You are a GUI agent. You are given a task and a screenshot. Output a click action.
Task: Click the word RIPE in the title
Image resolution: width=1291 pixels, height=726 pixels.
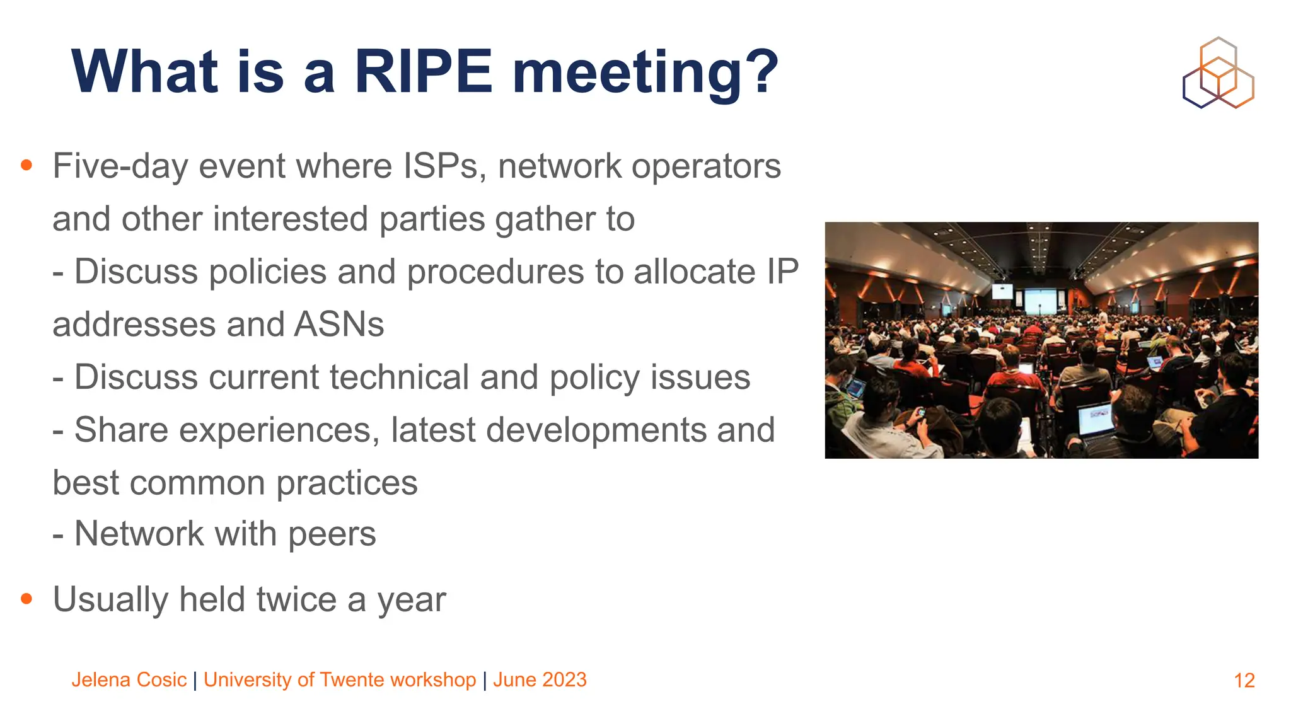click(x=423, y=72)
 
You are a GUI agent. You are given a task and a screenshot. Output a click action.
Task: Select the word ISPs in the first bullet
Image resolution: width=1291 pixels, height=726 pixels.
click(x=444, y=166)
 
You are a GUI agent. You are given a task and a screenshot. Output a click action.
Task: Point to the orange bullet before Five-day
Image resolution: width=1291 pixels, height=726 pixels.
click(x=26, y=165)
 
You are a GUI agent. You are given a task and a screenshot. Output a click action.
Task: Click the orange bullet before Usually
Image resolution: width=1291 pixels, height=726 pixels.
click(x=26, y=598)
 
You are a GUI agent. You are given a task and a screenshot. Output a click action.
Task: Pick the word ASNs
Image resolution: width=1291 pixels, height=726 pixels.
click(x=339, y=325)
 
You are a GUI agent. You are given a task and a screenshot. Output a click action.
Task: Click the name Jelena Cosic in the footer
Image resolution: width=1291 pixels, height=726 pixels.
click(x=129, y=680)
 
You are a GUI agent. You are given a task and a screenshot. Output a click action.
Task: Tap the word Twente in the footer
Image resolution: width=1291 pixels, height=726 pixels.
click(x=352, y=680)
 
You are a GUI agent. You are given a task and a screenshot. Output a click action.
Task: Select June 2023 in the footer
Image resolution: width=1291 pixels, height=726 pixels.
click(x=540, y=680)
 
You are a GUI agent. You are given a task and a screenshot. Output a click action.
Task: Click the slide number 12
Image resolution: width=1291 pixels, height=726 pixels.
click(x=1244, y=681)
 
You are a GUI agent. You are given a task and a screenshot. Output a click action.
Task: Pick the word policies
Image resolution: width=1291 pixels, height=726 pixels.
click(x=267, y=272)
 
